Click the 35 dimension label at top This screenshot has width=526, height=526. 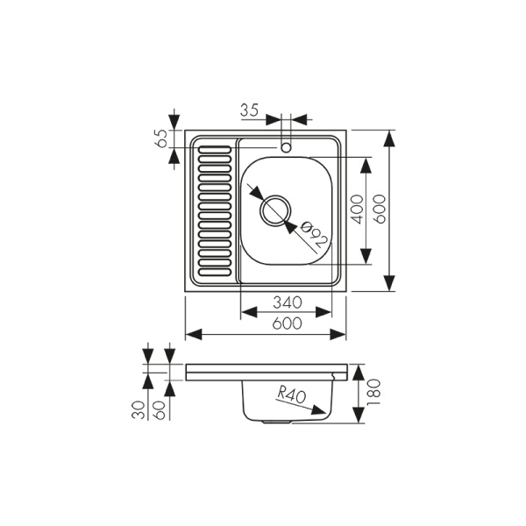249,110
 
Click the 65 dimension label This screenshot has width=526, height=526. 160,139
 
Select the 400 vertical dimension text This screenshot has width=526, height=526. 357,210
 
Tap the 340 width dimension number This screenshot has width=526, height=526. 286,302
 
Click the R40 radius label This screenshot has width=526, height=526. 290,395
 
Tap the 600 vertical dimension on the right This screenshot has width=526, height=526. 380,210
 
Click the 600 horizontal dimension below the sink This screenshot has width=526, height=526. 286,324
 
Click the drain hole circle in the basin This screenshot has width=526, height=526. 275,210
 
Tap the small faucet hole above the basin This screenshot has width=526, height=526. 286,146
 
